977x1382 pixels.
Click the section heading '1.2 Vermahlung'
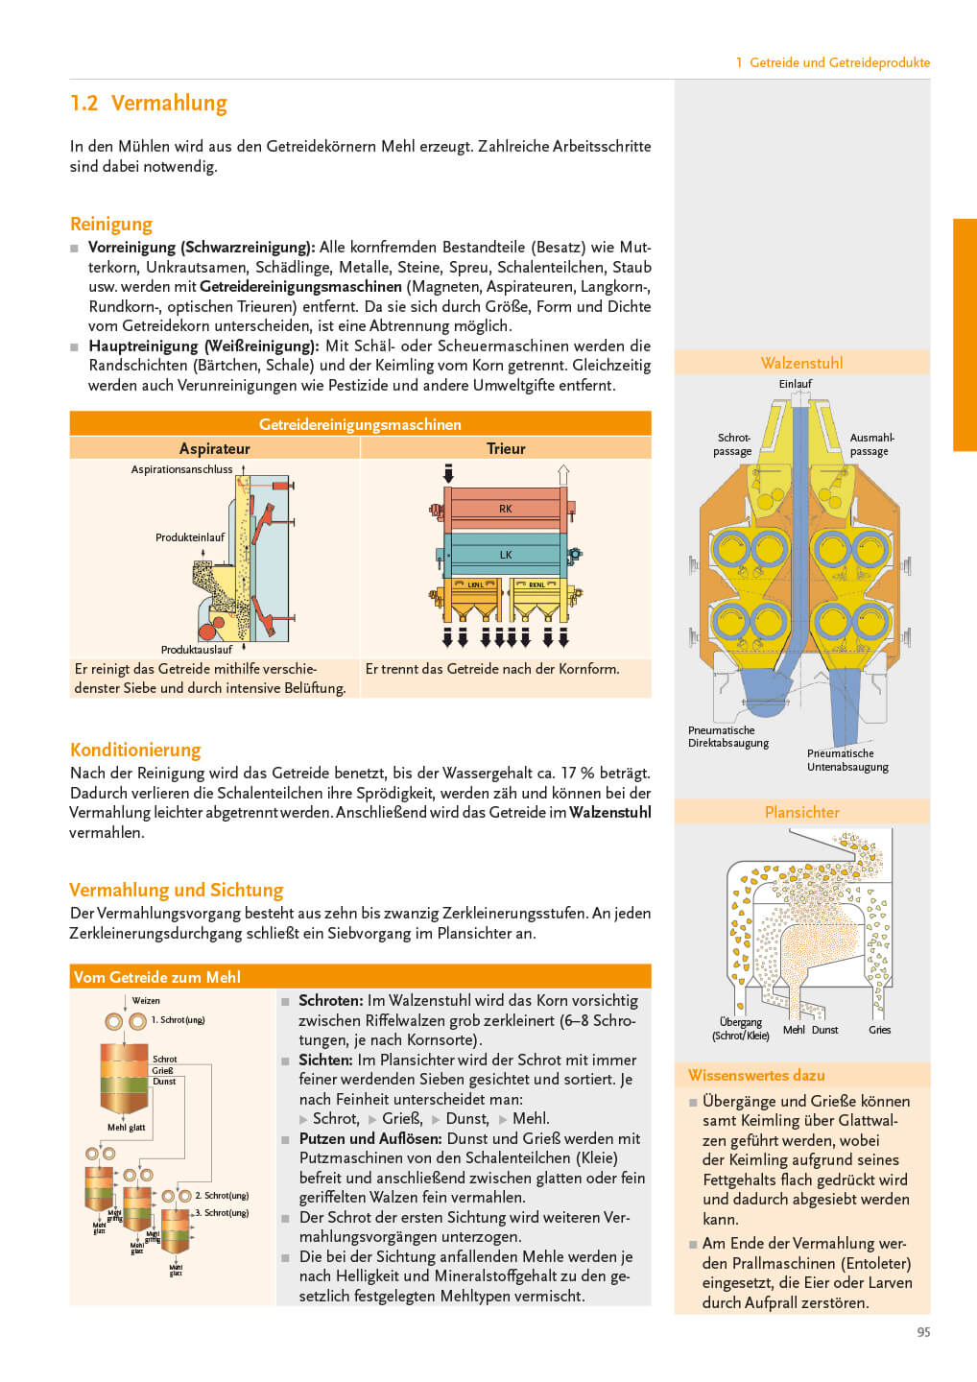pyautogui.click(x=149, y=103)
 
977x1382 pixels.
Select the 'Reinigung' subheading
pyautogui.click(x=111, y=224)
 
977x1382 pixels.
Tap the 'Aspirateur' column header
pyautogui.click(x=214, y=448)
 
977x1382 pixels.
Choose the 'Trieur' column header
pyautogui.click(x=506, y=448)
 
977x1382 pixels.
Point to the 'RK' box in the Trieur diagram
pyautogui.click(x=505, y=509)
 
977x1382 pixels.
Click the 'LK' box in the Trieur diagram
pyautogui.click(x=505, y=555)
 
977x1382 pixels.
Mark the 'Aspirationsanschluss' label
pyautogui.click(x=181, y=469)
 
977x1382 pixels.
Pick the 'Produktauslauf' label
pyautogui.click(x=197, y=650)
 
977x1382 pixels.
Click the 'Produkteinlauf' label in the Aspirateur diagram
pyautogui.click(x=190, y=537)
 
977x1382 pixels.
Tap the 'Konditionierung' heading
pyautogui.click(x=135, y=750)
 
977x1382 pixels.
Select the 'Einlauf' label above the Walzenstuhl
pyautogui.click(x=795, y=384)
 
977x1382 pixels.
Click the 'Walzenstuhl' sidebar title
pyautogui.click(x=801, y=363)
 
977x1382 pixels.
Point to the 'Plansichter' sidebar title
pyautogui.click(x=801, y=812)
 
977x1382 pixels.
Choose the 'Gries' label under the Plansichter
pyautogui.click(x=879, y=1030)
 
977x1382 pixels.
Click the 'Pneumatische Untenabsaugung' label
pyautogui.click(x=847, y=760)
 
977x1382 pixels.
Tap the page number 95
pyautogui.click(x=923, y=1332)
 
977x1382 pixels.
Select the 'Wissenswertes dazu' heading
pyautogui.click(x=756, y=1075)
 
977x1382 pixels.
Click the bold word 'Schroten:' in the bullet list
pyautogui.click(x=330, y=1000)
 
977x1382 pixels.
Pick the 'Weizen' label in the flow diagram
pyautogui.click(x=146, y=1000)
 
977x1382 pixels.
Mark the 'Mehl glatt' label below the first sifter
pyautogui.click(x=126, y=1128)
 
